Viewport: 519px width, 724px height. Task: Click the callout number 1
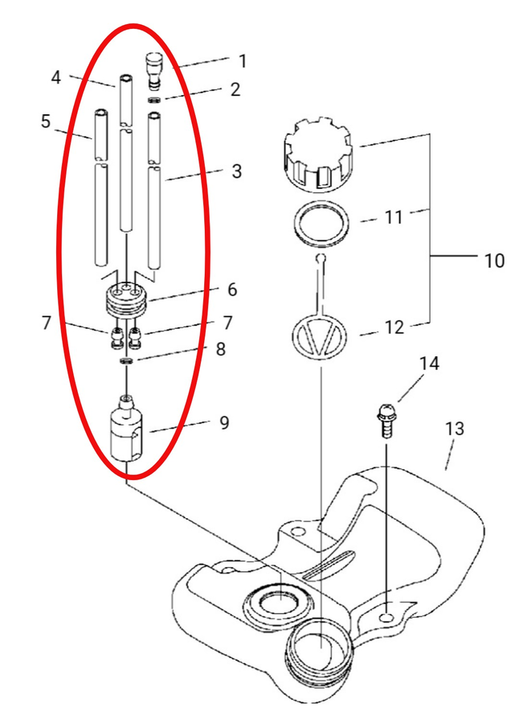tap(242, 61)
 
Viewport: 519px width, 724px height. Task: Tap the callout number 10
tap(494, 261)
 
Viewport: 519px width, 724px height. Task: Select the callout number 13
tap(455, 429)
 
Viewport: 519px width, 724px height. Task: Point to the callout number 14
tap(429, 364)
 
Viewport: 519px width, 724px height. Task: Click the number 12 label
tap(394, 327)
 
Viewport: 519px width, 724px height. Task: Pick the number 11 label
tap(394, 217)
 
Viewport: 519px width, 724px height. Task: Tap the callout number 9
tap(224, 422)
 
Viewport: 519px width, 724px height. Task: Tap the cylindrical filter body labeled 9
tap(127, 428)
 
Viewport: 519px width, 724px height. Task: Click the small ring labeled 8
tap(126, 360)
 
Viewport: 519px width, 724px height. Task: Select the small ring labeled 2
tap(155, 100)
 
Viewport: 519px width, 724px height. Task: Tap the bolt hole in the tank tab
tap(387, 618)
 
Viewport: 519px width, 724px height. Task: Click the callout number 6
tap(232, 290)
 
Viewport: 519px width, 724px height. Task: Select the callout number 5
tap(45, 121)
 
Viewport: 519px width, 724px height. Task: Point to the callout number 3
tap(237, 171)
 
